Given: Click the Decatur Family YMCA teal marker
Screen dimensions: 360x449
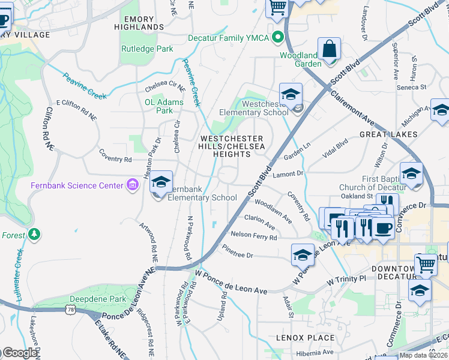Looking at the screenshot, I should (x=277, y=38).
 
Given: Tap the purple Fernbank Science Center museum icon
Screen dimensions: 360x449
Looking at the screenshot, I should (x=131, y=185).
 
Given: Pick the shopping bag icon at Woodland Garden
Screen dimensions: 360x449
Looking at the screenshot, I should (x=330, y=49).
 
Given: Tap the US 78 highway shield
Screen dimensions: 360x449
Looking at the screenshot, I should (x=72, y=309).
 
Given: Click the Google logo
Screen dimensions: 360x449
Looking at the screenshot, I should (x=19, y=353).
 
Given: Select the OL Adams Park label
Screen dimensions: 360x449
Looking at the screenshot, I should (x=163, y=106).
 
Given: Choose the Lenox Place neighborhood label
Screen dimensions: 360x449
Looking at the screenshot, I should (x=305, y=338).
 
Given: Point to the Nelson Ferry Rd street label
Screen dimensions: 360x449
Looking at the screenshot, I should (x=254, y=236).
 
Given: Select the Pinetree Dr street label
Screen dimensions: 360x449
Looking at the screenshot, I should (x=238, y=251).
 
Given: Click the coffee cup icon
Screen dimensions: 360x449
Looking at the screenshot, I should (x=382, y=227).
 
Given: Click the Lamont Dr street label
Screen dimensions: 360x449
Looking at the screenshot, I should (x=289, y=173).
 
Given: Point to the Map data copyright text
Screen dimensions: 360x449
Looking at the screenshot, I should (x=423, y=355).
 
